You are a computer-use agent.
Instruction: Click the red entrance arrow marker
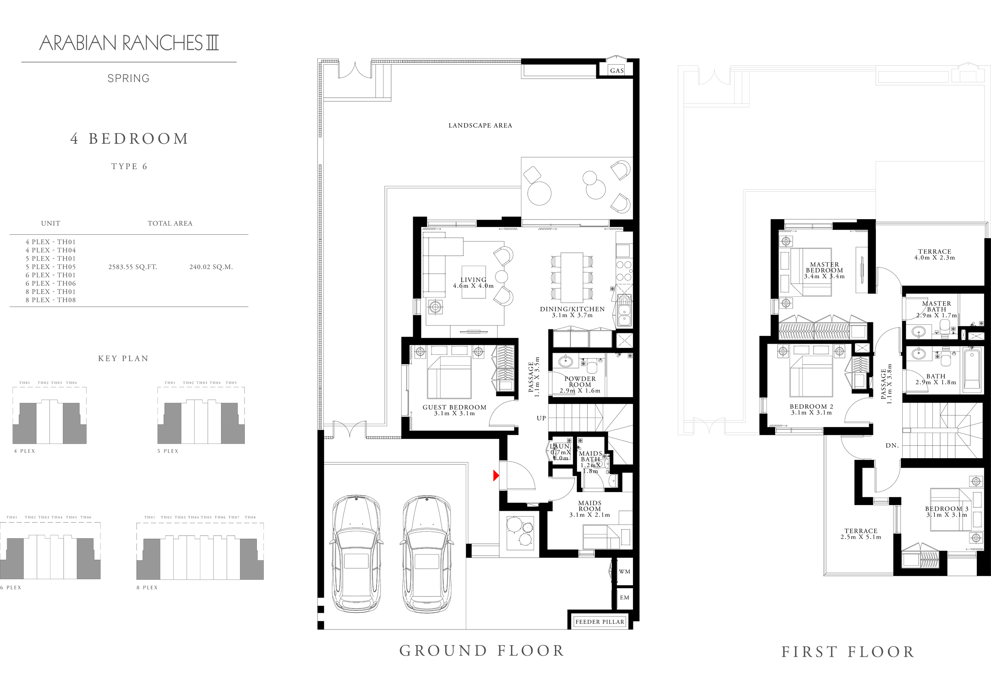click(x=496, y=475)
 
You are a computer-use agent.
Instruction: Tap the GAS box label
click(x=616, y=71)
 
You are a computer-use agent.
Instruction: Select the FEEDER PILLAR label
click(x=599, y=622)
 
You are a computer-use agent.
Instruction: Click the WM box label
click(x=624, y=571)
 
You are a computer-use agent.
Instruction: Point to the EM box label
click(x=624, y=598)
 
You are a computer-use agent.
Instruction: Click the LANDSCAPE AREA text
click(x=480, y=126)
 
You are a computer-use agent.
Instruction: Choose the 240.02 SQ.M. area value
click(x=211, y=267)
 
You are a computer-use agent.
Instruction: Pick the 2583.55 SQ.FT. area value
click(x=133, y=267)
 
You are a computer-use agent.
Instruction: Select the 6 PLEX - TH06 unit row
click(x=50, y=283)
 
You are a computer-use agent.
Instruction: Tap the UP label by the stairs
click(x=541, y=418)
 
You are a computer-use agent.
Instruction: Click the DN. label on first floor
click(x=892, y=445)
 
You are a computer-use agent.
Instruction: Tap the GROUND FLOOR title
click(x=482, y=651)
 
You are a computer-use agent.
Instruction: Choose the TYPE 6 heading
click(x=129, y=167)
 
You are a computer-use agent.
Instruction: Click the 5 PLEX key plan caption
click(x=168, y=451)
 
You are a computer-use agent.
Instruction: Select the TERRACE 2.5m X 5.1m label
click(x=860, y=534)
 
